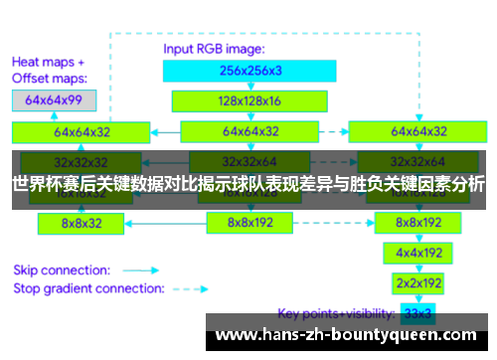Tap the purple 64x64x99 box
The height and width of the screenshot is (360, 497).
point(54,100)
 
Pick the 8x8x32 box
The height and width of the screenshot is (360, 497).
point(83,224)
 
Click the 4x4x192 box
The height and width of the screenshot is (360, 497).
point(418,253)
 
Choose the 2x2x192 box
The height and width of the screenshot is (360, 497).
point(418,282)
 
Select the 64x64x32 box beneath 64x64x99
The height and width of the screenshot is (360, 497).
point(82,130)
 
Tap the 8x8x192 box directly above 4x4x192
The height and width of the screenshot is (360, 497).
point(418,223)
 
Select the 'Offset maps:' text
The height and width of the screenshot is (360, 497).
point(50,78)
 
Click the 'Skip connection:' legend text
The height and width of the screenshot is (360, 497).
point(60,269)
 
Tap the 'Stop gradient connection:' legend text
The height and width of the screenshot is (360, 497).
point(88,289)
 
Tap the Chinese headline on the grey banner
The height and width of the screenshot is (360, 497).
point(248,184)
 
